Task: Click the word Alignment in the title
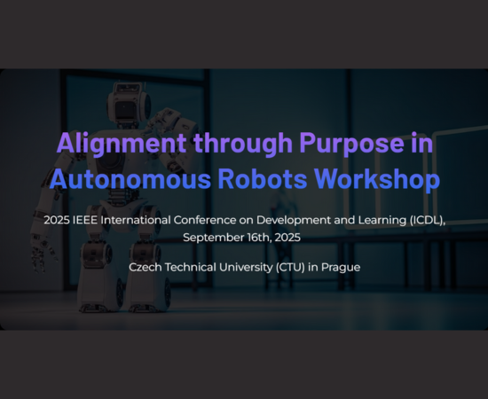point(122,144)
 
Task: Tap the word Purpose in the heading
point(351,144)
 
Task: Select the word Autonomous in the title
point(130,179)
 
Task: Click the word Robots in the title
point(263,179)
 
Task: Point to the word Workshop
point(377,179)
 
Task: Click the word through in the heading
point(243,144)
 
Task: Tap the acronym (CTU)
point(290,268)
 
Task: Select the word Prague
point(341,268)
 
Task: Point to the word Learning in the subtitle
point(382,221)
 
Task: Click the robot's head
point(129,104)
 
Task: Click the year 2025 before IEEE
point(57,220)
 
